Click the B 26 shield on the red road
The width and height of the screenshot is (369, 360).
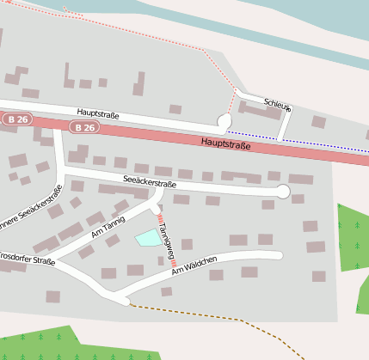tap(84, 127)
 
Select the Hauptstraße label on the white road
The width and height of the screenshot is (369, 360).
tap(97, 113)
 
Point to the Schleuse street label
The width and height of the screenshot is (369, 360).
tap(278, 104)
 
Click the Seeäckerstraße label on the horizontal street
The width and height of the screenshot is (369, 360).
tap(150, 183)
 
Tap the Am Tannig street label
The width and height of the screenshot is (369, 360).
tap(108, 225)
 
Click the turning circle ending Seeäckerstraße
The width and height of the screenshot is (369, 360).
tap(283, 192)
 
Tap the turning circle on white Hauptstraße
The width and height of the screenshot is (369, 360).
tap(224, 122)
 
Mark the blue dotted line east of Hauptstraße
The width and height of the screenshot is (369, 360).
tap(292, 143)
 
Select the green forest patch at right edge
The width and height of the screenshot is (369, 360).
tap(353, 236)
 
